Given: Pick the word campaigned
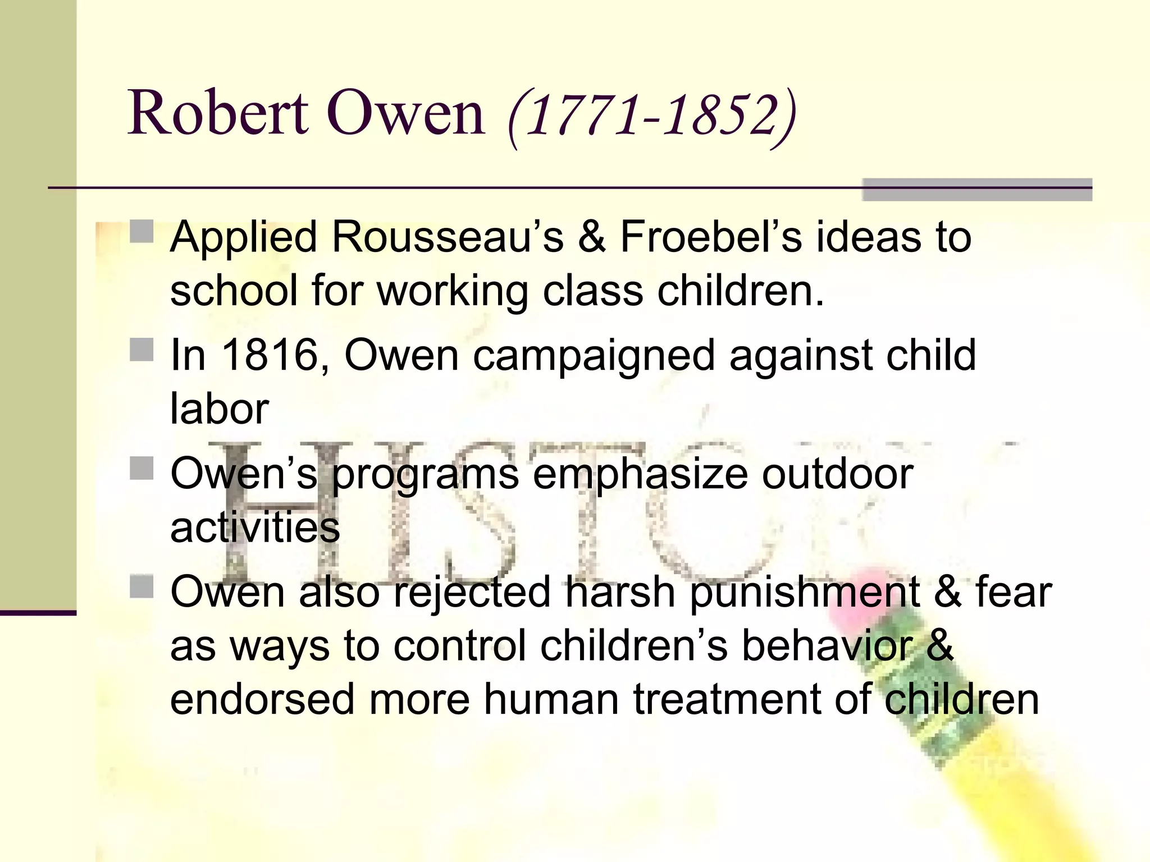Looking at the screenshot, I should tap(594, 356).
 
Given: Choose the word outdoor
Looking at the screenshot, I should tap(837, 474).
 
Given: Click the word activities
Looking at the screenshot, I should tap(255, 527).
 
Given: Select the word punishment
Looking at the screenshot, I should tap(804, 593).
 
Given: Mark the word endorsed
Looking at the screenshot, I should tap(262, 699).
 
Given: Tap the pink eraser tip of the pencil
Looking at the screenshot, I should tap(865, 589).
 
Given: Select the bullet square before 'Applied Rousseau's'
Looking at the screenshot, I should tap(142, 231).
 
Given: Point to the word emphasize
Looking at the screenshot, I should tap(640, 474).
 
